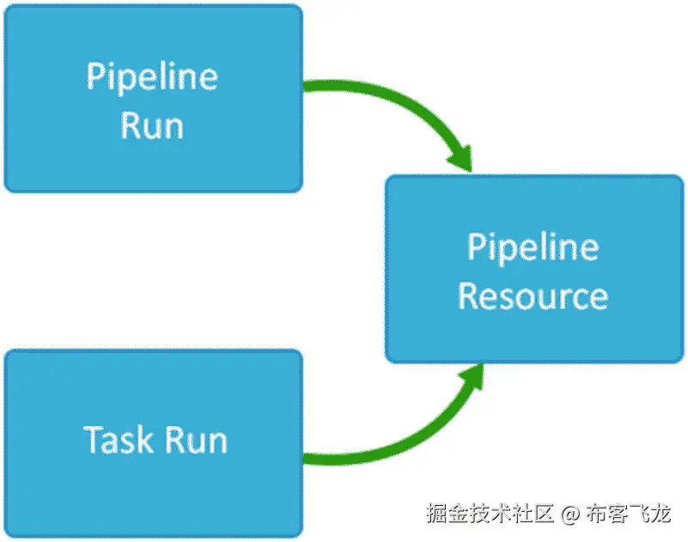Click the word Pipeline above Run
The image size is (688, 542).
152,77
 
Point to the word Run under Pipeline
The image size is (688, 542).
152,125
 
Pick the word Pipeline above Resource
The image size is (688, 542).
533,247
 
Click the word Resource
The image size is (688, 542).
533,296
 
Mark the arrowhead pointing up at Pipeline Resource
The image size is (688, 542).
469,378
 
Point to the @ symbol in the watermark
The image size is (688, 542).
569,515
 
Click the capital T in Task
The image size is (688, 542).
92,440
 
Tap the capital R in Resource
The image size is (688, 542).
468,296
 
